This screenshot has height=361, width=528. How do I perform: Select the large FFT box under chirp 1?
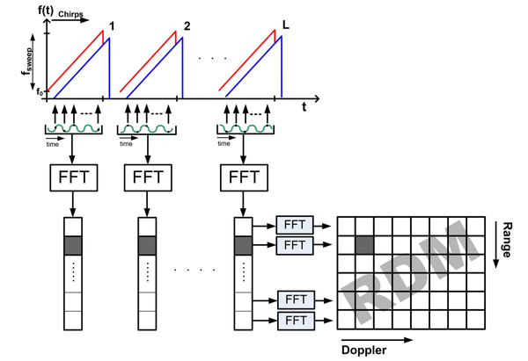(x=74, y=178)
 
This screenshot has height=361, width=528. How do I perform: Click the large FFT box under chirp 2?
(x=148, y=178)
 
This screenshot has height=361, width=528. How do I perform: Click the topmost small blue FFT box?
(x=293, y=223)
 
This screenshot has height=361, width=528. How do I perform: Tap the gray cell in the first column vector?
(x=74, y=246)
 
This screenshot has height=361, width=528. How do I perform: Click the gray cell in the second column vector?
(x=148, y=246)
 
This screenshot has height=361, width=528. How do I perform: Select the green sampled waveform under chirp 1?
(x=74, y=130)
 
